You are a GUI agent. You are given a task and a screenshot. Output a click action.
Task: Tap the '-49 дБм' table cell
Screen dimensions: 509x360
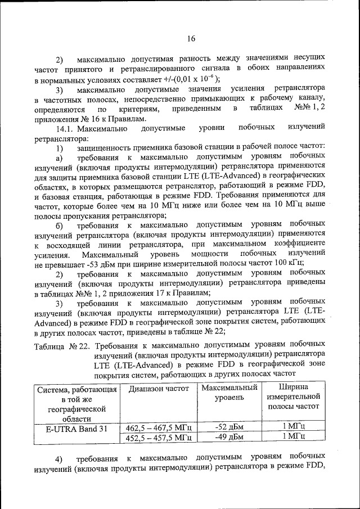(229, 436)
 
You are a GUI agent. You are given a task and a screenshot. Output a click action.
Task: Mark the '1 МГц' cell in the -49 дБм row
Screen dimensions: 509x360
(294, 436)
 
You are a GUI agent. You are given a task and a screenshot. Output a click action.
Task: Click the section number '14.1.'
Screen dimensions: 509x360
(65, 129)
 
